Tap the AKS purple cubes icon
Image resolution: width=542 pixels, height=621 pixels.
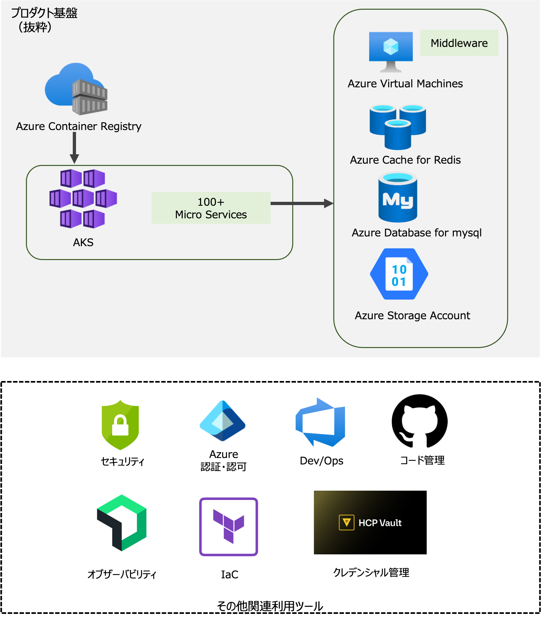(83, 199)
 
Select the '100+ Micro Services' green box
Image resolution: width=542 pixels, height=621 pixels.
(211, 208)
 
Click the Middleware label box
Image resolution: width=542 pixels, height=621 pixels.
(459, 43)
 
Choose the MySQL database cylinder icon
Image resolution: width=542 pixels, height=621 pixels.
(398, 197)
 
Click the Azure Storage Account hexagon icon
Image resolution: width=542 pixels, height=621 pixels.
(399, 274)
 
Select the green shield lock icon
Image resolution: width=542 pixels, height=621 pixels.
(120, 425)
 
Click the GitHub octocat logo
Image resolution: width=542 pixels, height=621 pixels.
(420, 421)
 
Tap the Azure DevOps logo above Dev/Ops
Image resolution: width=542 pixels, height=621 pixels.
(321, 422)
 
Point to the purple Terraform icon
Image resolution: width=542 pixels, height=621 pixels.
(228, 527)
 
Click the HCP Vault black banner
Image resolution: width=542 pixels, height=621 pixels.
(370, 522)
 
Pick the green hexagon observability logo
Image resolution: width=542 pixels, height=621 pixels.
(122, 523)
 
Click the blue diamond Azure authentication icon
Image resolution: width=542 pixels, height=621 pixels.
(223, 421)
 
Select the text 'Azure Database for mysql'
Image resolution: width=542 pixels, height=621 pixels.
(417, 233)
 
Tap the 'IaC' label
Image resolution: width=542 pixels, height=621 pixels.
(229, 574)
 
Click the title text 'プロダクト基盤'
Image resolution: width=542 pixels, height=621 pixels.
(44, 13)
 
